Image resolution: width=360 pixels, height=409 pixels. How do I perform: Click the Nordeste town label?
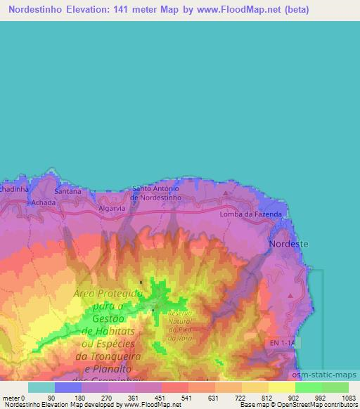coord(288,244)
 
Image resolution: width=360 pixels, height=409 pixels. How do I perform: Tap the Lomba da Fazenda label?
coord(251,214)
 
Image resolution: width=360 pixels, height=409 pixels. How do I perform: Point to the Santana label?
coord(68,190)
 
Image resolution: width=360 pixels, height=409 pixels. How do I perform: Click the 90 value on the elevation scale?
coord(52,397)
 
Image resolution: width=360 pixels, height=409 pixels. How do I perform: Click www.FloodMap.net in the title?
coord(224,10)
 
